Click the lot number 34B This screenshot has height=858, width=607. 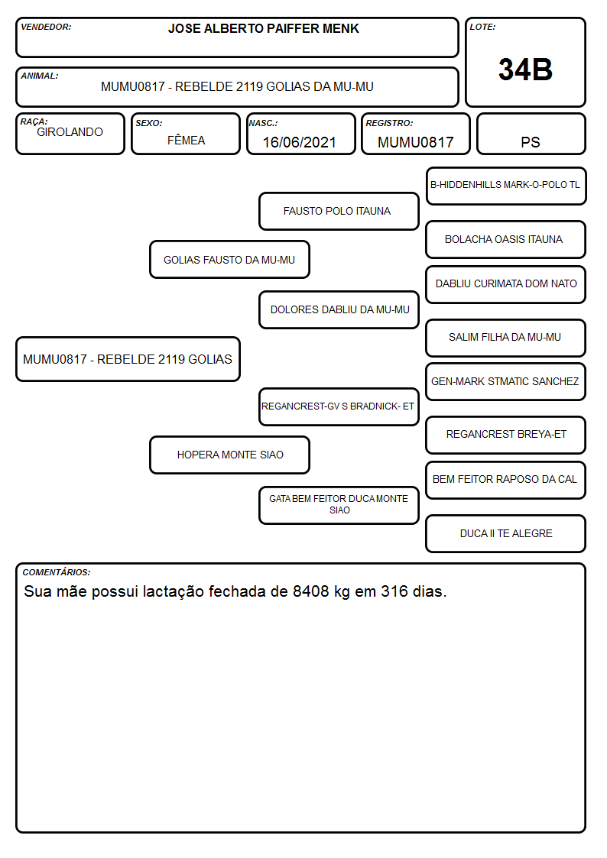click(x=525, y=70)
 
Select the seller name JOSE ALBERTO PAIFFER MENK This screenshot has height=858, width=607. click(x=263, y=28)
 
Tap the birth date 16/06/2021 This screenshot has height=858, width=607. click(x=300, y=142)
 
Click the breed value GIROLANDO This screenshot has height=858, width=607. click(x=70, y=132)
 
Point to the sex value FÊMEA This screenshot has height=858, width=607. click(x=186, y=140)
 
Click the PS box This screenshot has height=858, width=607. click(x=531, y=134)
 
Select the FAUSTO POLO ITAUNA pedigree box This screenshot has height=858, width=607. click(x=339, y=211)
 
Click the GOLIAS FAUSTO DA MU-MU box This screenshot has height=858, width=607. click(x=229, y=259)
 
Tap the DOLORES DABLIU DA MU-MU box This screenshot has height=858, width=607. click(x=339, y=309)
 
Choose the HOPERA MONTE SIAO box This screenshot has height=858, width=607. click(x=229, y=455)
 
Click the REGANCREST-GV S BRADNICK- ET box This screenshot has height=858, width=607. click(x=339, y=406)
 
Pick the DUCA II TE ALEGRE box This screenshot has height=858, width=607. click(x=506, y=533)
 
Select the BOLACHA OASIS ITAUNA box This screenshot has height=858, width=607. click(x=506, y=239)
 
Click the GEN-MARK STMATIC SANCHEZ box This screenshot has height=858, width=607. click(x=506, y=381)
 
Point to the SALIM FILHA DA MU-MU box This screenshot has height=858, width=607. click(x=506, y=338)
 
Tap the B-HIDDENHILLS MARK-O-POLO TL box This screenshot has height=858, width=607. click(x=506, y=186)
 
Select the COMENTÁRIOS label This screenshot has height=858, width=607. click(x=57, y=572)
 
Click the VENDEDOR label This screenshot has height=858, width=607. click(x=46, y=27)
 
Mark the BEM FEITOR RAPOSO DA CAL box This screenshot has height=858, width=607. click(x=506, y=480)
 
